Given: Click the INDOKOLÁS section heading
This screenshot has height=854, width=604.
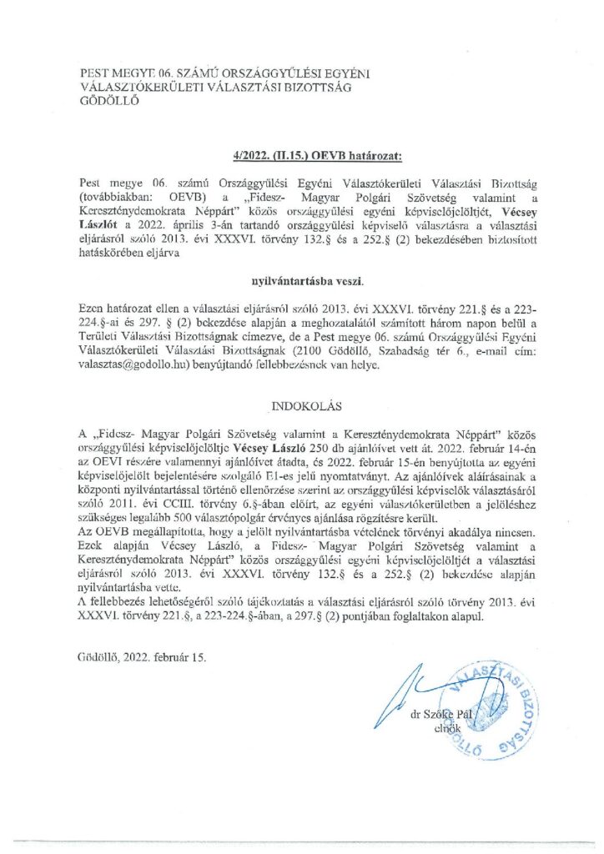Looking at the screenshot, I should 302,407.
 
